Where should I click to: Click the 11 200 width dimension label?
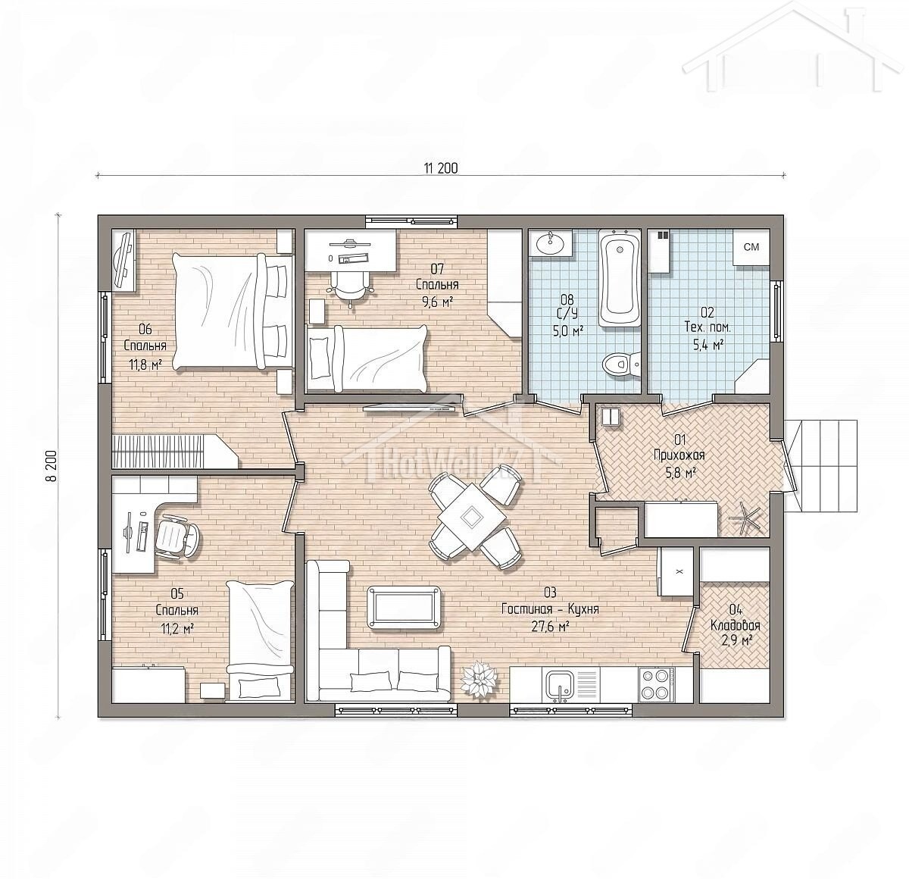pos(441,168)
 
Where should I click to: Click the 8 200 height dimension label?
pos(52,466)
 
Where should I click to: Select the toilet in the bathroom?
pos(621,364)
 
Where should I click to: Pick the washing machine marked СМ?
pos(751,248)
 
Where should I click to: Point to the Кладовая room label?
pos(736,625)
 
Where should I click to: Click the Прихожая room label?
pos(679,454)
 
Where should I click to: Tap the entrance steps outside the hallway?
pos(821,465)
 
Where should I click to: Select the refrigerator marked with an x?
pos(676,572)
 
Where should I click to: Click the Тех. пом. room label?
pos(708,327)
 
